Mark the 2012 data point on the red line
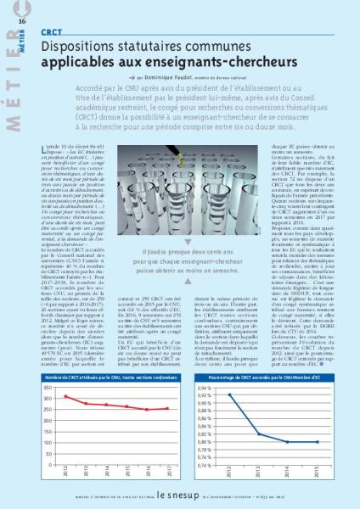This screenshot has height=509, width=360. [x=66, y=396]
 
